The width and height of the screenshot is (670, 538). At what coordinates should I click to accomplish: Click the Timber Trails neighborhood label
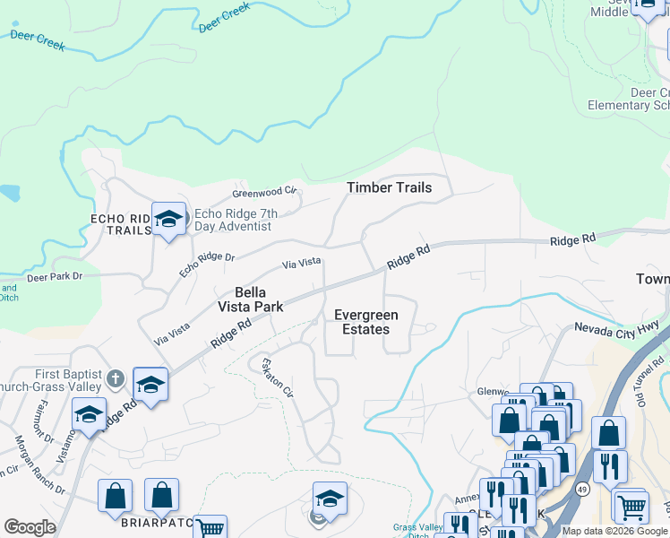click(x=390, y=187)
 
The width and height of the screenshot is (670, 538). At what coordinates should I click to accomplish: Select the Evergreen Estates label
click(x=362, y=322)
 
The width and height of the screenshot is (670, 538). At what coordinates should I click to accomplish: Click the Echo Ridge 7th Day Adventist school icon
click(x=167, y=219)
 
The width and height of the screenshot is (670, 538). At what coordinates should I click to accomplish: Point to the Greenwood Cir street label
click(x=263, y=192)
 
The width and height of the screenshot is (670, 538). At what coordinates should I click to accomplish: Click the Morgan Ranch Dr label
click(x=39, y=464)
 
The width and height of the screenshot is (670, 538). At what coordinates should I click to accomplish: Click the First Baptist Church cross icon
click(x=115, y=378)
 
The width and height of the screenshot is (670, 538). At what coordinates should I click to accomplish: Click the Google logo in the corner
click(x=30, y=527)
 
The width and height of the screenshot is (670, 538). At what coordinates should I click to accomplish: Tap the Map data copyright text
click(x=614, y=531)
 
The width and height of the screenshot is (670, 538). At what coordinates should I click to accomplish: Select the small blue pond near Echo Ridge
click(x=9, y=192)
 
